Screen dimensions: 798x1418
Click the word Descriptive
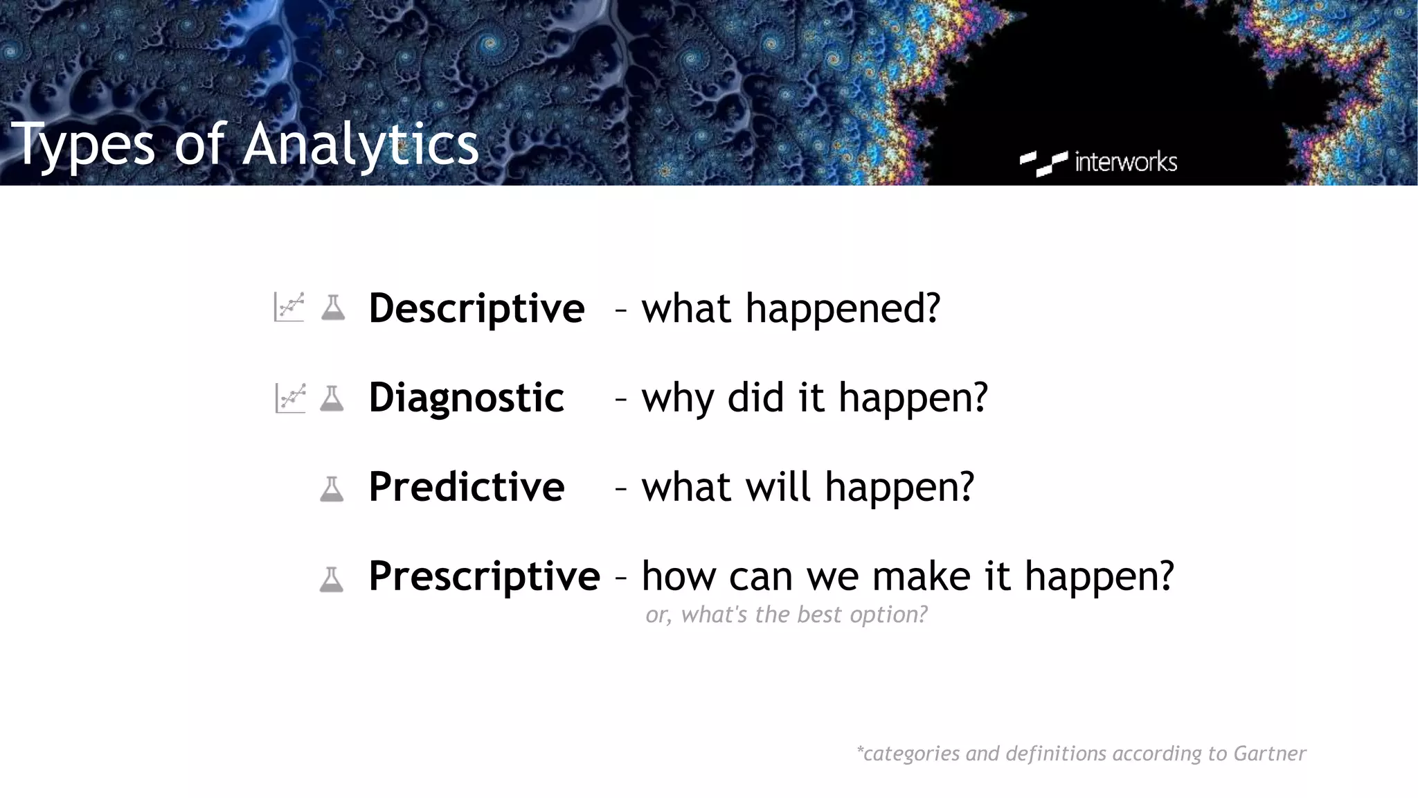(x=476, y=308)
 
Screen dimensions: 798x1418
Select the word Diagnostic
(x=466, y=398)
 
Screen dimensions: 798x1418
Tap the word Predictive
(x=466, y=487)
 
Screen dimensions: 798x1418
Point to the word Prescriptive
(x=484, y=576)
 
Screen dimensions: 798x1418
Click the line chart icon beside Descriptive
(x=289, y=307)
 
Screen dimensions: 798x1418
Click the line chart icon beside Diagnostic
(x=290, y=398)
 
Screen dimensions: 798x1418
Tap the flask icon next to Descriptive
(x=333, y=308)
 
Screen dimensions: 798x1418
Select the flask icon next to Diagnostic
(x=332, y=398)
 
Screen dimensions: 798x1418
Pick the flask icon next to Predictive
(x=332, y=489)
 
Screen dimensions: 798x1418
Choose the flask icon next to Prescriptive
(x=331, y=579)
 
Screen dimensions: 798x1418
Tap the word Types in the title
(x=83, y=144)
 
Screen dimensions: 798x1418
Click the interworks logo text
(x=1125, y=162)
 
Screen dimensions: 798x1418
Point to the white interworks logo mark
(x=1043, y=163)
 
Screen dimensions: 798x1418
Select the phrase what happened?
(x=791, y=308)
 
